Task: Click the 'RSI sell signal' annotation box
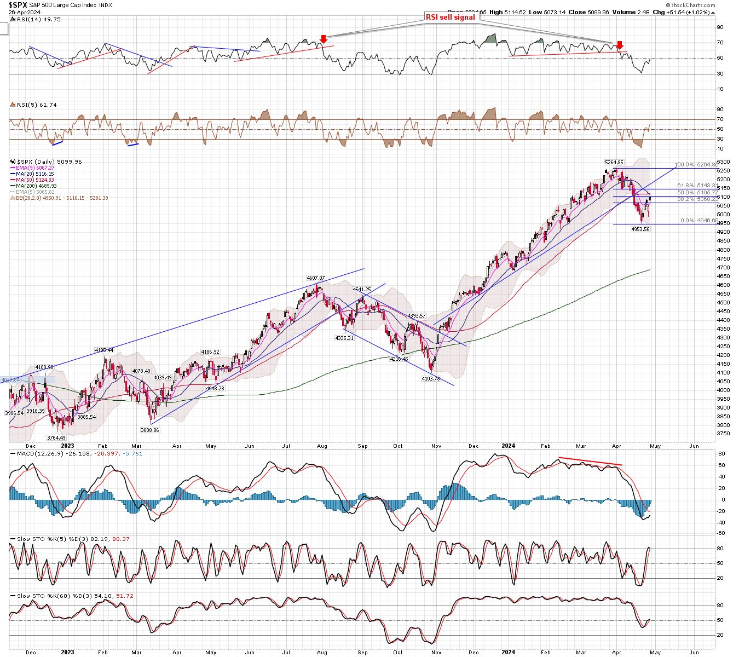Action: (x=451, y=18)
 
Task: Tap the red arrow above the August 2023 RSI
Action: (x=324, y=39)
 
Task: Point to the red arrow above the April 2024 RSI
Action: (x=619, y=45)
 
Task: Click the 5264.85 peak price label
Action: (x=614, y=163)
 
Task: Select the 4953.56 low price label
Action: (x=640, y=229)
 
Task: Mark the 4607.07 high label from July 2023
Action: (x=315, y=278)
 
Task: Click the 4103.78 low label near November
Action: (x=430, y=379)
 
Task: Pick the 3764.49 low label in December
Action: (x=56, y=437)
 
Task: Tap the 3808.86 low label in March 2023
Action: (x=149, y=430)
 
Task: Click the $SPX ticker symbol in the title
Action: (x=18, y=5)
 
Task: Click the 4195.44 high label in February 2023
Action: (x=104, y=350)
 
